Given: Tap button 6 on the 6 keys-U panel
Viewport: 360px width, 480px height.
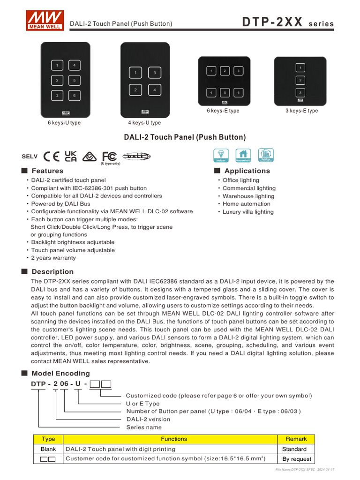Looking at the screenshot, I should [x=75, y=96].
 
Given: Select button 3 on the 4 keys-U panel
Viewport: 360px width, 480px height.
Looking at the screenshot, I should [x=154, y=73].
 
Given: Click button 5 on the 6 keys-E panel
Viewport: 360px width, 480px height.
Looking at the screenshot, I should [x=225, y=93].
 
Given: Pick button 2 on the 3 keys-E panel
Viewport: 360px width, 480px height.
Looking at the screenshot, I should [x=300, y=80].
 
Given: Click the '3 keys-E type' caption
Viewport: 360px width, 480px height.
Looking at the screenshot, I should [x=301, y=111].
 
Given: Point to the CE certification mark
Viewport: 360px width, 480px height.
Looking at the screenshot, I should [x=51, y=156].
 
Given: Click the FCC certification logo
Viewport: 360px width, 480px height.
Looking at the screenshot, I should [x=109, y=156].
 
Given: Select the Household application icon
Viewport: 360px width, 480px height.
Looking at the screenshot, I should [x=243, y=155].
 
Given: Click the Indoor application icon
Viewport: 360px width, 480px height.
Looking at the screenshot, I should [x=221, y=155].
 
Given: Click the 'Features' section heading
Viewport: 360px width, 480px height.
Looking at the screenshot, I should [x=47, y=171].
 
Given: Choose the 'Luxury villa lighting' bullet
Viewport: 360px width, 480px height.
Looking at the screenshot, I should [x=248, y=212].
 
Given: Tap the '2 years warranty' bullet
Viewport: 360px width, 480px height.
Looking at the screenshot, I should [x=53, y=258].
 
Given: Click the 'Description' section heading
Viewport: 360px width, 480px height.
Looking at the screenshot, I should [x=52, y=272].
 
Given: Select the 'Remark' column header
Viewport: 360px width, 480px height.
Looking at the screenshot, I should [x=296, y=439].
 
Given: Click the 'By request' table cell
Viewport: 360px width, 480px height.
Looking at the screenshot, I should [x=296, y=459].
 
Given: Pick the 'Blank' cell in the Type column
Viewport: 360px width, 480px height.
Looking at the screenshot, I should [x=48, y=449].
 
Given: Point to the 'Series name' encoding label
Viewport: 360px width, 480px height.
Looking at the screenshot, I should [x=144, y=427].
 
